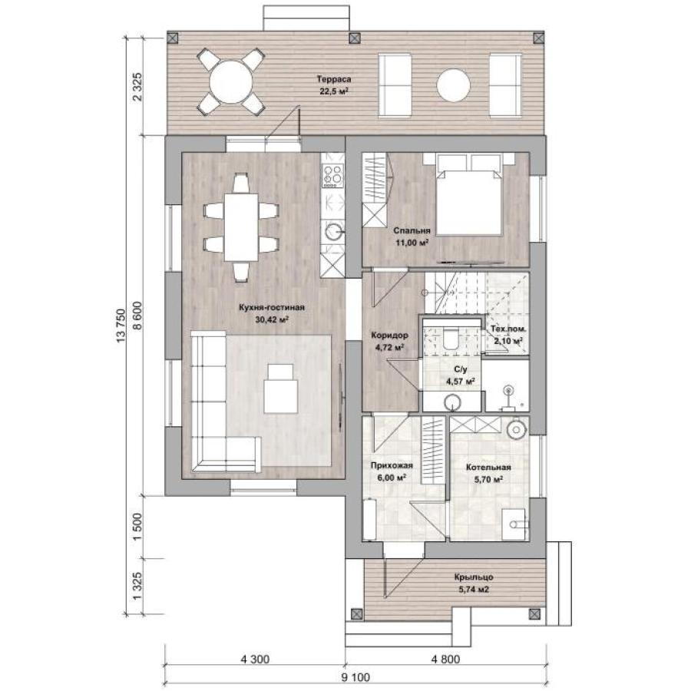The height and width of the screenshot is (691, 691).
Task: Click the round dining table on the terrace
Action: pyautogui.click(x=230, y=82)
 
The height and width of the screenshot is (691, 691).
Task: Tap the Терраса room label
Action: pyautogui.click(x=334, y=79)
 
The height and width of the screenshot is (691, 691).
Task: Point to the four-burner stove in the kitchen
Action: pyautogui.click(x=332, y=174)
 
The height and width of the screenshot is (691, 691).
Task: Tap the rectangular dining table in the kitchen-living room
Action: pyautogui.click(x=241, y=227)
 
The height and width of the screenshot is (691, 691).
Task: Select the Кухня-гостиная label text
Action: pyautogui.click(x=272, y=308)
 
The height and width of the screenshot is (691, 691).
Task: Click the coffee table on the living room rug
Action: pyautogui.click(x=281, y=388)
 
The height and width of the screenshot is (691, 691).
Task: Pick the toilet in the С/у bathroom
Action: pyautogui.click(x=451, y=339)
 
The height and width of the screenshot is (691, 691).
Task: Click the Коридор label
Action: pyautogui.click(x=389, y=336)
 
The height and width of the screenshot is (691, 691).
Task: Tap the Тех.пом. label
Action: pyautogui.click(x=508, y=329)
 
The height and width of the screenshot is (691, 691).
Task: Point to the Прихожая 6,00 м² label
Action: pyautogui.click(x=392, y=471)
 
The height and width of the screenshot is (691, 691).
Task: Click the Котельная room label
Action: pyautogui.click(x=488, y=468)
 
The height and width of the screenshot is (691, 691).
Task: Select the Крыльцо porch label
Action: pyautogui.click(x=474, y=577)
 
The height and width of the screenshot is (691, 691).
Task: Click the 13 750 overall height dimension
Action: pyautogui.click(x=121, y=326)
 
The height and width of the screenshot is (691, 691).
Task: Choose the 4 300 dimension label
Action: pyautogui.click(x=255, y=660)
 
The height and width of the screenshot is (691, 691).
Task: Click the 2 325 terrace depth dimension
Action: pyautogui.click(x=137, y=86)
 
